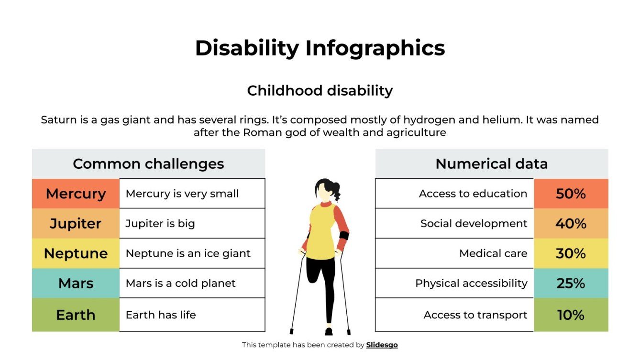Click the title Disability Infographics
(320, 48)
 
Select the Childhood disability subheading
(320, 90)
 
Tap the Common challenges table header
(148, 164)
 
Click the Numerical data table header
(491, 164)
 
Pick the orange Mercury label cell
(76, 194)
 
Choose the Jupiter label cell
(76, 224)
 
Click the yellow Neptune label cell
(76, 253)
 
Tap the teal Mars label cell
(76, 283)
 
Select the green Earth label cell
(76, 315)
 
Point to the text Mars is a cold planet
(180, 283)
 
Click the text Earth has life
(161, 315)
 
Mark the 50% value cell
(571, 194)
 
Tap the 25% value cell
(571, 283)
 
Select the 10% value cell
(571, 315)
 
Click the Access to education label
(473, 194)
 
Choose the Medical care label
(493, 253)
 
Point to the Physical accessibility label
(471, 283)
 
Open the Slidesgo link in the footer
(382, 345)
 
